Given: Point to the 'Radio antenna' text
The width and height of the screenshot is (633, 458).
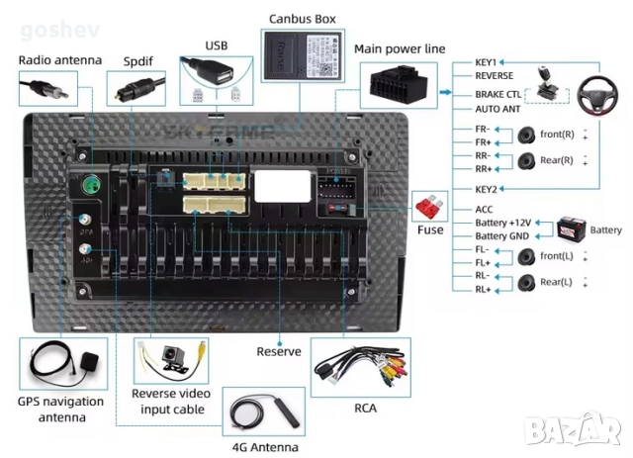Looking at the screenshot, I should click(60, 60).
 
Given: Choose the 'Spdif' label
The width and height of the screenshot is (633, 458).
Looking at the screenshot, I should click(138, 60).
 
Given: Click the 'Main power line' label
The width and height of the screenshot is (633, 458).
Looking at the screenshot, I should click(400, 48).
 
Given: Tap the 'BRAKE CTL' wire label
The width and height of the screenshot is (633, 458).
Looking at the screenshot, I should click(497, 94).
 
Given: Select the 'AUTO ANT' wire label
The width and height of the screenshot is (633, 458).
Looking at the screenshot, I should click(497, 110).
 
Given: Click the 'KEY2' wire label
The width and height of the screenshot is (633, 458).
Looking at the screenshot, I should click(486, 188).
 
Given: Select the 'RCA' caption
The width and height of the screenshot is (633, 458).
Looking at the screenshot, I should click(365, 405).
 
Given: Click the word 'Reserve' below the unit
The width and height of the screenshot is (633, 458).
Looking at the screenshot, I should click(278, 351).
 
